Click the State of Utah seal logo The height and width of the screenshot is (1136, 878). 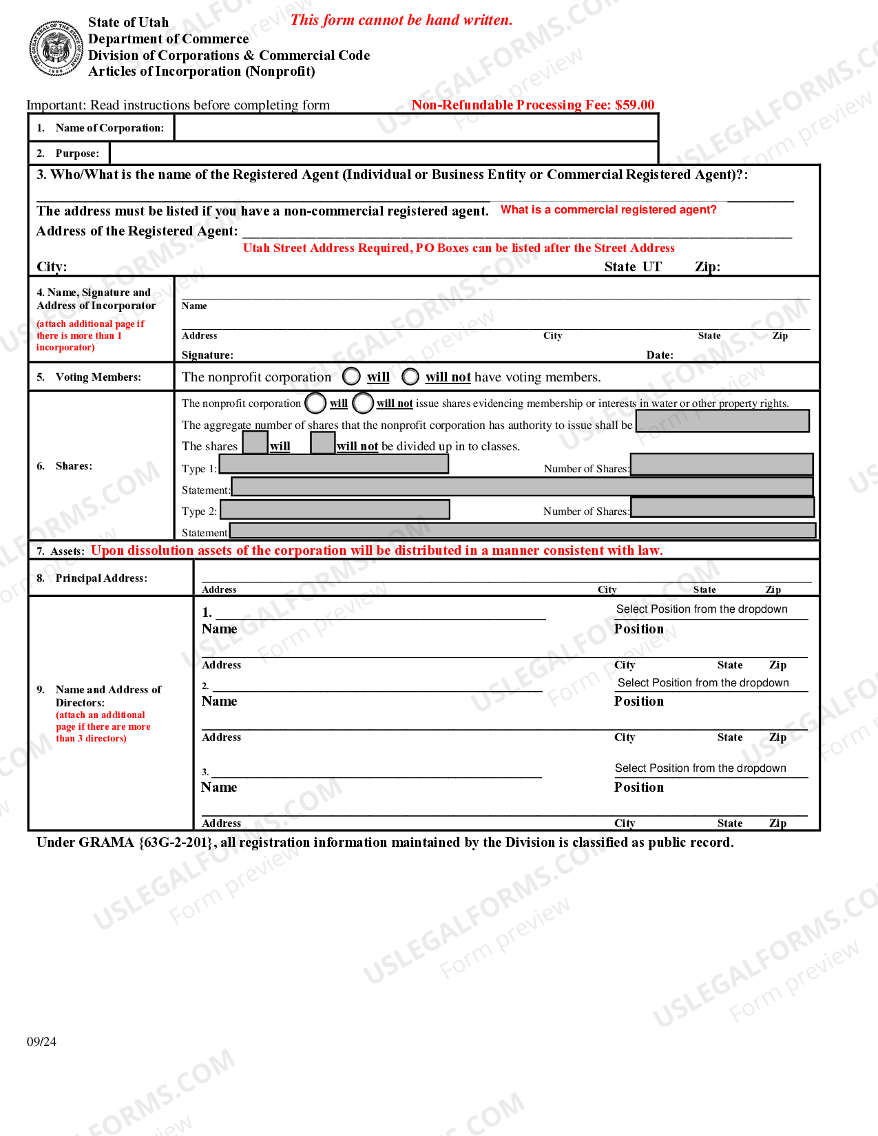[x=56, y=49]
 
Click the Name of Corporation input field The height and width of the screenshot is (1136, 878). [x=416, y=128]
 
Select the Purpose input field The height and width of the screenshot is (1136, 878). [x=383, y=153]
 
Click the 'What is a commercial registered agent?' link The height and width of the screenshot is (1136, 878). [x=608, y=210]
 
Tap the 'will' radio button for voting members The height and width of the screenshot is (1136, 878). [x=351, y=377]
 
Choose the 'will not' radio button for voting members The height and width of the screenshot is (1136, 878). [x=410, y=377]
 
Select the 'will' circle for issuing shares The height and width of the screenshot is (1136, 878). [x=315, y=403]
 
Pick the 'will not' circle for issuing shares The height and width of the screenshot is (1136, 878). [x=363, y=403]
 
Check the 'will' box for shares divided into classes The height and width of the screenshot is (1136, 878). [x=255, y=443]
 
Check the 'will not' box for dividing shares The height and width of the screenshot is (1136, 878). [x=322, y=443]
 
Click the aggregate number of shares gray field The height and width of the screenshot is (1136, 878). [x=722, y=421]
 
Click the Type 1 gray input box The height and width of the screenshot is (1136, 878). [x=334, y=465]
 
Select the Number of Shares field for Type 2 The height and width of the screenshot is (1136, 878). [x=722, y=507]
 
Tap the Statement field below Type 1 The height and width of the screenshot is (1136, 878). [x=522, y=487]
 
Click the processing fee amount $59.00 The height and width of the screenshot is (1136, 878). [x=634, y=105]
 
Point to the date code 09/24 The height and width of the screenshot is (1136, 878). [x=41, y=1042]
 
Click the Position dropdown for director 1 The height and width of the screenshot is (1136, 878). [x=702, y=609]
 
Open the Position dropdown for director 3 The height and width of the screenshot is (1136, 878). [x=700, y=768]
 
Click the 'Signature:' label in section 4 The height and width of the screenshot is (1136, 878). [x=207, y=355]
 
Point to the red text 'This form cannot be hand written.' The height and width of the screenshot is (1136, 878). [x=401, y=20]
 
